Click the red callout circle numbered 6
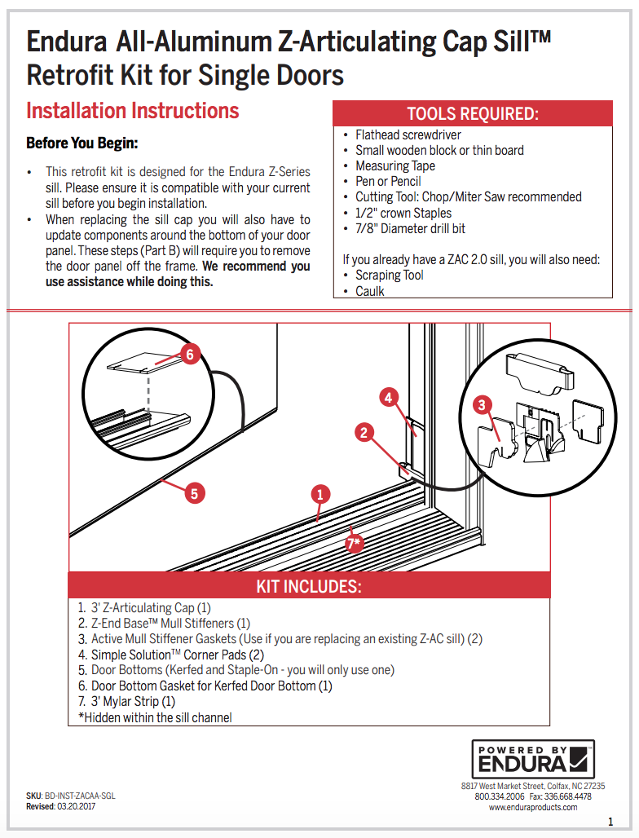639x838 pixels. tap(189, 355)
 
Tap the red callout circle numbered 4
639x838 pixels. tap(389, 398)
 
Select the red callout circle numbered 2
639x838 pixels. tap(364, 433)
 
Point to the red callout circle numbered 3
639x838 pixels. tap(483, 404)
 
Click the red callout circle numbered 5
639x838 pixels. tap(193, 492)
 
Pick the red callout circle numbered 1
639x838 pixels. tap(320, 494)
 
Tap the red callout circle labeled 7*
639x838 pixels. tap(354, 543)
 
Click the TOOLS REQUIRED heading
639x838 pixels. tap(473, 113)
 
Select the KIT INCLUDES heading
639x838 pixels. tap(309, 586)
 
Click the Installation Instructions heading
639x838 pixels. tap(133, 111)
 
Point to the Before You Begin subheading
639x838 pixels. tap(82, 143)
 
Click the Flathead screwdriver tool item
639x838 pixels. tap(408, 135)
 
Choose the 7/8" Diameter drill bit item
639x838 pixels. tap(410, 228)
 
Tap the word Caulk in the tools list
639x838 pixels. tap(370, 291)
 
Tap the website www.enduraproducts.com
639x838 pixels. tap(533, 807)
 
